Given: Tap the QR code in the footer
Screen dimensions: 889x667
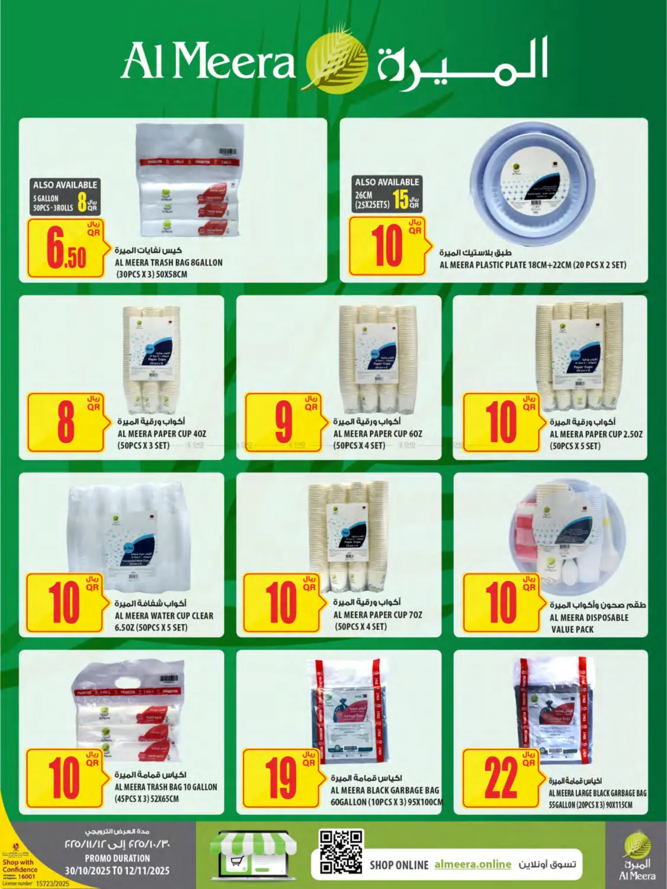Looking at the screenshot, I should tap(341, 852).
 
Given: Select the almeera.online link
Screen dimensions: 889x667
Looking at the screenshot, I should tap(472, 864).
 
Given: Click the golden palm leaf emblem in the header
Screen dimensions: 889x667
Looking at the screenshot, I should tap(335, 62).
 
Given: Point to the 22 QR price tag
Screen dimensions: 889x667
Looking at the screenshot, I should tap(501, 778).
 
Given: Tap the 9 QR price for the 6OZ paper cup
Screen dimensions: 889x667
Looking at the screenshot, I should tap(284, 421).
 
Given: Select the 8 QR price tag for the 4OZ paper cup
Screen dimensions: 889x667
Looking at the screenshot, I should tap(66, 421).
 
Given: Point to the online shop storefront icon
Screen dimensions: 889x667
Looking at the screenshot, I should tap(254, 853).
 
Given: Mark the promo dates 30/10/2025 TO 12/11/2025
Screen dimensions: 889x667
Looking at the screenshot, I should tap(117, 871).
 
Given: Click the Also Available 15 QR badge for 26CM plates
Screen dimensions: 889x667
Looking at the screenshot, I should tap(387, 194).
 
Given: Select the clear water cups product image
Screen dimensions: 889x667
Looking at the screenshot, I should tap(129, 530).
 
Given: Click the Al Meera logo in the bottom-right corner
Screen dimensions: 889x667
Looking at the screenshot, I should tap(637, 857).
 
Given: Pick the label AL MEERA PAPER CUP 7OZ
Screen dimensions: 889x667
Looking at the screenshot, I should tap(377, 615).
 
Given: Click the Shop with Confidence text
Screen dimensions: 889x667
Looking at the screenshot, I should tap(19, 866).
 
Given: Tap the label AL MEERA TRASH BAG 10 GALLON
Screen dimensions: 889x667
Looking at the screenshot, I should tap(166, 787).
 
